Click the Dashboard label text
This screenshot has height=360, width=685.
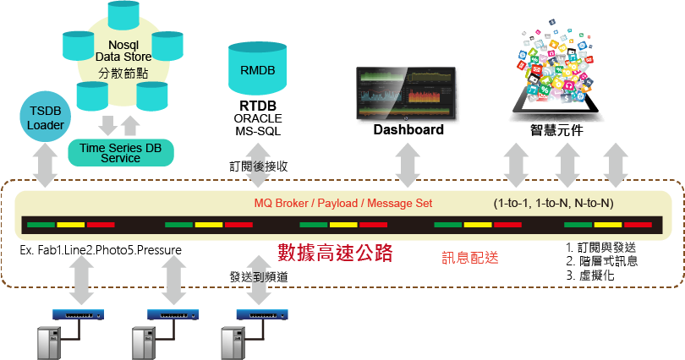click(408, 130)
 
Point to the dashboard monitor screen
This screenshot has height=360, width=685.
click(408, 92)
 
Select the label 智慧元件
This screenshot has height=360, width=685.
click(557, 132)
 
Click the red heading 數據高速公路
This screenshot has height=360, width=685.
click(336, 252)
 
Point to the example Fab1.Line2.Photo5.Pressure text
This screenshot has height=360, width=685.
click(101, 251)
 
